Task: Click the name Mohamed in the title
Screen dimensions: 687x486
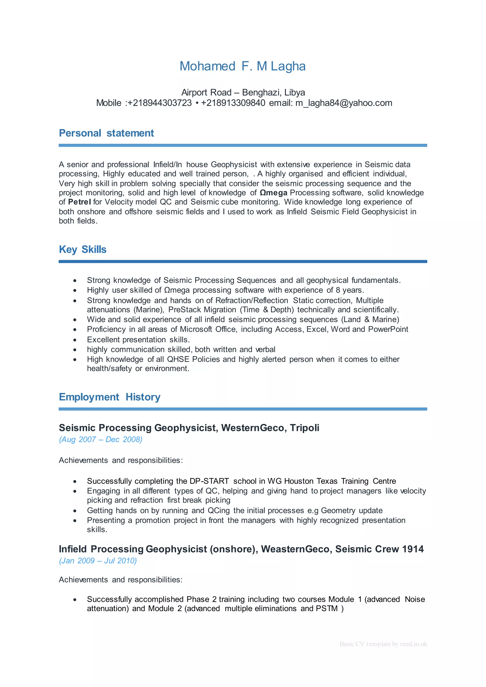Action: point(207,66)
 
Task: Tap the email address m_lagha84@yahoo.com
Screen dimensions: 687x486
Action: point(344,103)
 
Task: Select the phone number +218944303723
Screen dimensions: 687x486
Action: point(159,103)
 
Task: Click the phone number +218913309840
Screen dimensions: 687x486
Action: point(233,103)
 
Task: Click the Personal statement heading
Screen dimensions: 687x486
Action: point(106,133)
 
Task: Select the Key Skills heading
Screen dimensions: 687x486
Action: point(83,249)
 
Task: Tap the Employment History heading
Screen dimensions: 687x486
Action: point(110,397)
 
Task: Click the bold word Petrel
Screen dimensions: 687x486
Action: point(79,202)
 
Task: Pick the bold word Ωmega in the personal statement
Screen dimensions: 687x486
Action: point(274,193)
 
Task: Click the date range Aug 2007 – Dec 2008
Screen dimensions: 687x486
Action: point(101,440)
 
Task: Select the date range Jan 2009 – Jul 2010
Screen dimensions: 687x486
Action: point(98,561)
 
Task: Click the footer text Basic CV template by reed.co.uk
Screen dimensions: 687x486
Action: point(383,644)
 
